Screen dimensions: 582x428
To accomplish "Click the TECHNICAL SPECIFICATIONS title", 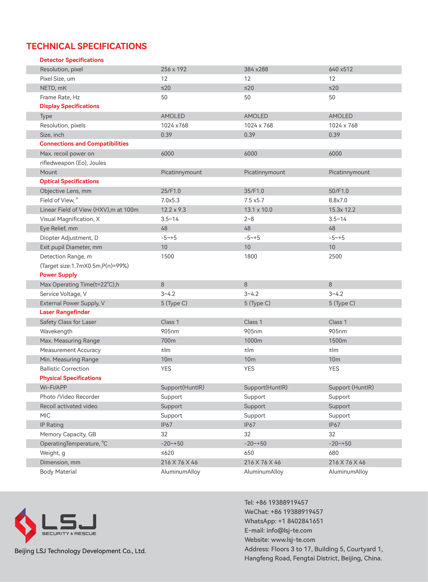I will (x=87, y=46).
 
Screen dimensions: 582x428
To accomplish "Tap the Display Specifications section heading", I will (x=69, y=106).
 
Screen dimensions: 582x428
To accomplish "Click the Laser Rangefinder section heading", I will (x=65, y=312).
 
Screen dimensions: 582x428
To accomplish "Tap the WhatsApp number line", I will (x=284, y=521).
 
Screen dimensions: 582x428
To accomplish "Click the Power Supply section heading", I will (x=58, y=275).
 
